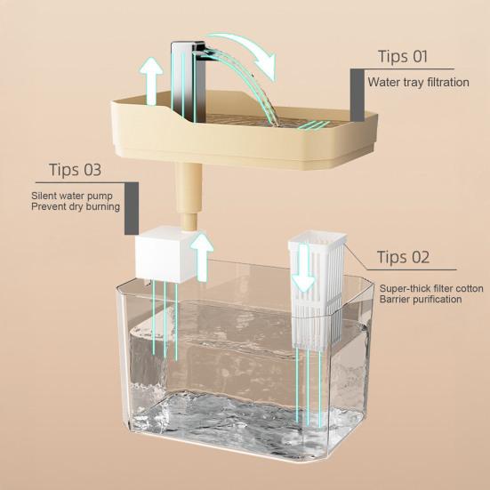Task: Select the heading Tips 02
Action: tap(403, 258)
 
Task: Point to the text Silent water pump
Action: tap(68, 195)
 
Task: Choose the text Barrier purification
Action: tap(421, 301)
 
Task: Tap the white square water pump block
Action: tap(157, 258)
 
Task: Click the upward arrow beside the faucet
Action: tap(152, 78)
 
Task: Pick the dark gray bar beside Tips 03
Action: tap(131, 208)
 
